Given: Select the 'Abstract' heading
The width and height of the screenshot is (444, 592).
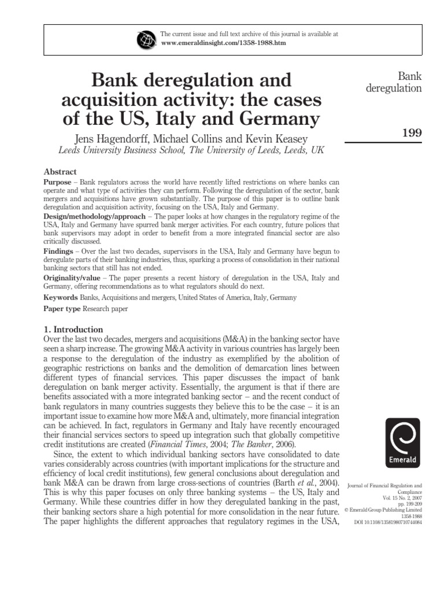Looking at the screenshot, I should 61,172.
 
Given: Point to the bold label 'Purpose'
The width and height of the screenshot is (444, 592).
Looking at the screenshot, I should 58,182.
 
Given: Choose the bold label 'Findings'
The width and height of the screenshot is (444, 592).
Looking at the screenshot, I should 59,251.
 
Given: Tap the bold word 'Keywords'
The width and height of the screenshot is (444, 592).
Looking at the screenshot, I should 61,297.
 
